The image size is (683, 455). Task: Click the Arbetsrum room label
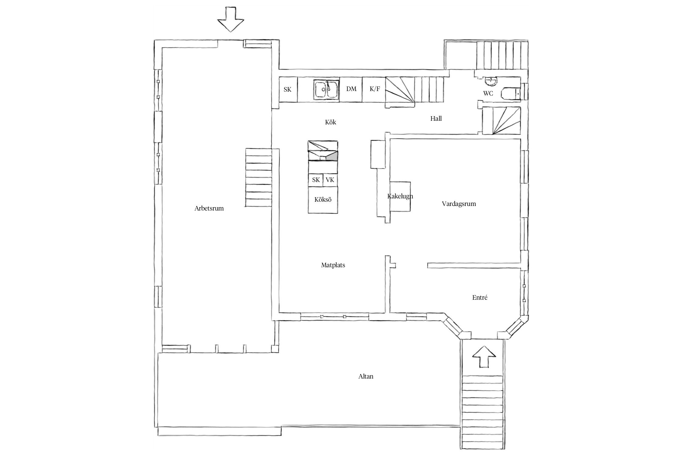tap(209, 208)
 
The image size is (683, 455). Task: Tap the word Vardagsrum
tap(459, 204)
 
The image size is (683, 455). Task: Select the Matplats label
tap(333, 265)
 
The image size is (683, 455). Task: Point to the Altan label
tap(366, 376)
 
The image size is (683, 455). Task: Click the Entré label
tap(480, 298)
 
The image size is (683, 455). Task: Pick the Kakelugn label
tap(400, 196)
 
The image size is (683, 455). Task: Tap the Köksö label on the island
tap(323, 200)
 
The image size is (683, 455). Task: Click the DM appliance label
tap(351, 89)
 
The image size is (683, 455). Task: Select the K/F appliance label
tap(375, 89)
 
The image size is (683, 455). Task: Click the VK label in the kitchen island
tap(330, 180)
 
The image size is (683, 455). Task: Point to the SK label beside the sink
tap(287, 89)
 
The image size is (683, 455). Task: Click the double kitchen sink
tap(326, 89)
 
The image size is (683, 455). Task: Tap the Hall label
tap(436, 119)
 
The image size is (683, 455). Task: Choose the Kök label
tap(331, 122)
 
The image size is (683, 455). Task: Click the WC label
tap(488, 93)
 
